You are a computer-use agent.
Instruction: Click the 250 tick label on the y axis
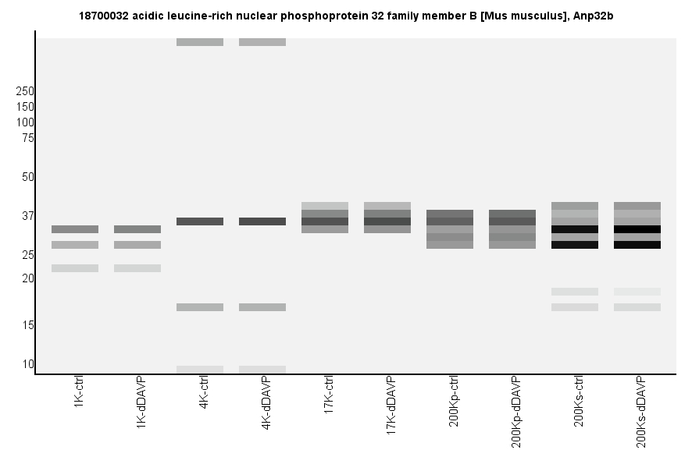tap(24, 91)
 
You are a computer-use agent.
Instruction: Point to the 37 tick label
tap(27, 216)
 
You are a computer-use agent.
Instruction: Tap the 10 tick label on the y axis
tap(27, 364)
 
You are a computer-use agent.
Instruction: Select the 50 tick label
tap(27, 177)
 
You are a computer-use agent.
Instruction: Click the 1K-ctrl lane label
tap(79, 394)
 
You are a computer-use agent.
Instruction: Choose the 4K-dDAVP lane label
tap(266, 404)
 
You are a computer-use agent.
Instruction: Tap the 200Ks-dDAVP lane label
tap(641, 412)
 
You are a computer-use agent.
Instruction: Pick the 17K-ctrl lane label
tap(329, 397)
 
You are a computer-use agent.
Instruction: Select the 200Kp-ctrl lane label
tap(454, 402)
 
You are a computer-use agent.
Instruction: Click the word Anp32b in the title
tap(594, 16)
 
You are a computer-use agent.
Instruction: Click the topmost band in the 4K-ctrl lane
tap(200, 42)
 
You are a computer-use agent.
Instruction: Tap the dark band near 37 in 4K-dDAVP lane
tap(262, 221)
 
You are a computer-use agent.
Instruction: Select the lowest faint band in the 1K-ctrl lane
tap(75, 268)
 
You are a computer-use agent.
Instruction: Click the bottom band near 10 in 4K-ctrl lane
tap(200, 370)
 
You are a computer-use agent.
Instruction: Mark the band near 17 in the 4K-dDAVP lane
tap(262, 307)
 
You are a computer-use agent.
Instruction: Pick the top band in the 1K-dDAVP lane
tap(137, 229)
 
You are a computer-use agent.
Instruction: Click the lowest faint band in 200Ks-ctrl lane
tap(575, 307)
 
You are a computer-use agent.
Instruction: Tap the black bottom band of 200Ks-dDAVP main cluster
tap(637, 245)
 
